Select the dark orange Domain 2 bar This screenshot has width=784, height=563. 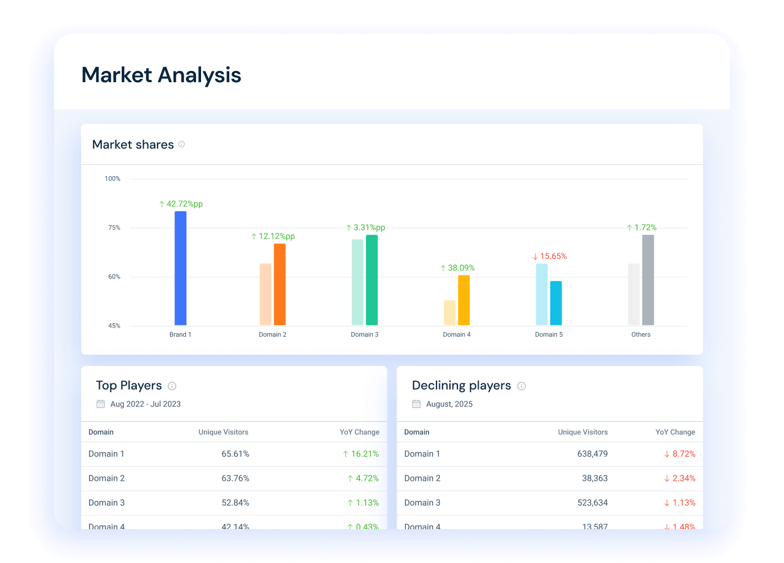point(280,284)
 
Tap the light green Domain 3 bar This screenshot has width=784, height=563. point(358,282)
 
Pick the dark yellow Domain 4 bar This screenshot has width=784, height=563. point(464,300)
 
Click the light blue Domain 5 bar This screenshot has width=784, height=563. point(542,294)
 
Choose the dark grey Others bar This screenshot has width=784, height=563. point(648,280)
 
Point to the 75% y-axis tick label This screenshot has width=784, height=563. point(114,228)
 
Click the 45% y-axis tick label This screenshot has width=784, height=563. point(114,326)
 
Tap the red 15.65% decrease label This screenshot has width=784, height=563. point(550,256)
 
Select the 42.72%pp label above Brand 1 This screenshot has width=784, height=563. point(181,204)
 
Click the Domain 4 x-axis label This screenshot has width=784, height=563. point(457,334)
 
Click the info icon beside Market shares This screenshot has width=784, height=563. point(181,144)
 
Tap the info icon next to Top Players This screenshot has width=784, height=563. point(172,386)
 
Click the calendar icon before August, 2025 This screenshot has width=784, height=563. point(416,404)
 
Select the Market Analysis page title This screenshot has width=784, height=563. point(161,75)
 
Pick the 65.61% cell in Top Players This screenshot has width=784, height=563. point(235,454)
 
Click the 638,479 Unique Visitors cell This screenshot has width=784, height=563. point(593,454)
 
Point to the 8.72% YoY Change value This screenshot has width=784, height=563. point(680,454)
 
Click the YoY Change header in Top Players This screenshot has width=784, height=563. point(359,432)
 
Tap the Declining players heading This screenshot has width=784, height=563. point(461,386)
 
